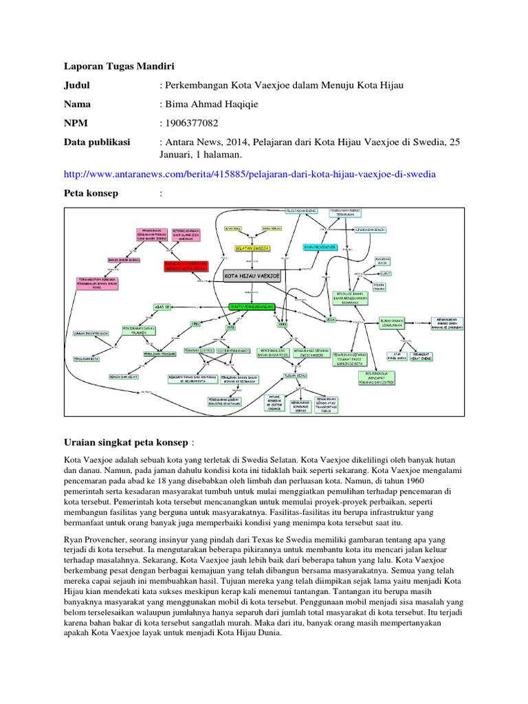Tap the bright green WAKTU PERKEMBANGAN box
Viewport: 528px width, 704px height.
[x=252, y=306]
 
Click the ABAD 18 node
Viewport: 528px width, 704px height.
[x=162, y=307]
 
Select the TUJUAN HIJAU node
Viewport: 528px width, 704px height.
[x=296, y=375]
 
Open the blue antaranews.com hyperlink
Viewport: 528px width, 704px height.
[x=249, y=174]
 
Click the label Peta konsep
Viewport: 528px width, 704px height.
[x=91, y=193]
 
